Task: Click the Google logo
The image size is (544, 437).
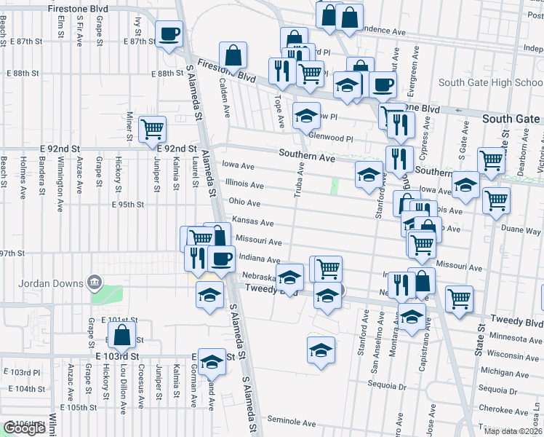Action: (x=24, y=428)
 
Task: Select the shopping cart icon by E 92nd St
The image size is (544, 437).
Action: (x=153, y=130)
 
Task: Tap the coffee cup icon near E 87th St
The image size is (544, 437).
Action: (x=169, y=34)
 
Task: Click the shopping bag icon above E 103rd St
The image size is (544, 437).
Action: (x=122, y=336)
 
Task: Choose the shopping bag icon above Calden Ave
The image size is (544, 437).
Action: (x=233, y=55)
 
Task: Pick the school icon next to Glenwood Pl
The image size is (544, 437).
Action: (x=306, y=115)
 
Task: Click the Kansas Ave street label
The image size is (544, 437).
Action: (x=252, y=221)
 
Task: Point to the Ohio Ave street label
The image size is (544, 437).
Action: (x=244, y=202)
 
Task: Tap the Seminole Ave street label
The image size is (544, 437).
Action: (x=291, y=422)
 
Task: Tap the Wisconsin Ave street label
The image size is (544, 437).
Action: (x=513, y=354)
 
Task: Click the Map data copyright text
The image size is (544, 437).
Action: (x=513, y=431)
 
